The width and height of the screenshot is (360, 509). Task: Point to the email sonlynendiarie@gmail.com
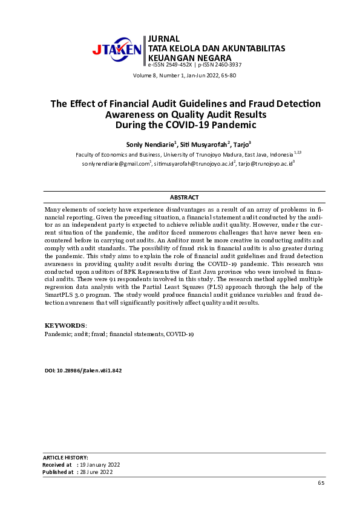(115, 163)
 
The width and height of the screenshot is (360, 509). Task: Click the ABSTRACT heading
(184, 198)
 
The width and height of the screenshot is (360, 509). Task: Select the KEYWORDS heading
(65, 325)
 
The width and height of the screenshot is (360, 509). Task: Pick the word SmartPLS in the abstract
(59, 294)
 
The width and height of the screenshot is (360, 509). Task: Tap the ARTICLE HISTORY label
(66, 458)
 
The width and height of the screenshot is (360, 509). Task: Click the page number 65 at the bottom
(321, 484)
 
